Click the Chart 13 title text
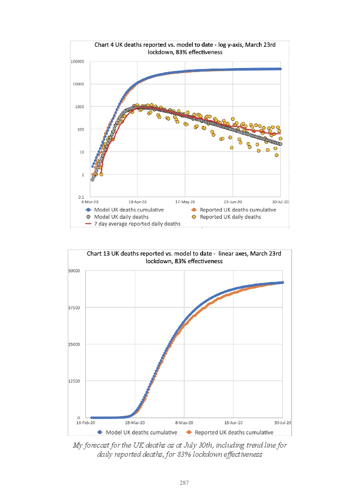[x=180, y=257]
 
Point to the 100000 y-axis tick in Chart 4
[x=78, y=61]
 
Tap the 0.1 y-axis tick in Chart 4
[x=81, y=197]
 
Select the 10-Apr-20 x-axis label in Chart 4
[x=137, y=202]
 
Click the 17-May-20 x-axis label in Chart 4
[x=185, y=202]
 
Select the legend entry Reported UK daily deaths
[x=230, y=216]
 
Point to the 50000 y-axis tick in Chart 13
[x=75, y=270]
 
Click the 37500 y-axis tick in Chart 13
[x=75, y=307]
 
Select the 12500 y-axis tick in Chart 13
[x=75, y=381]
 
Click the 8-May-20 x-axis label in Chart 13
[x=184, y=422]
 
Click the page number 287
[x=184, y=482]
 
